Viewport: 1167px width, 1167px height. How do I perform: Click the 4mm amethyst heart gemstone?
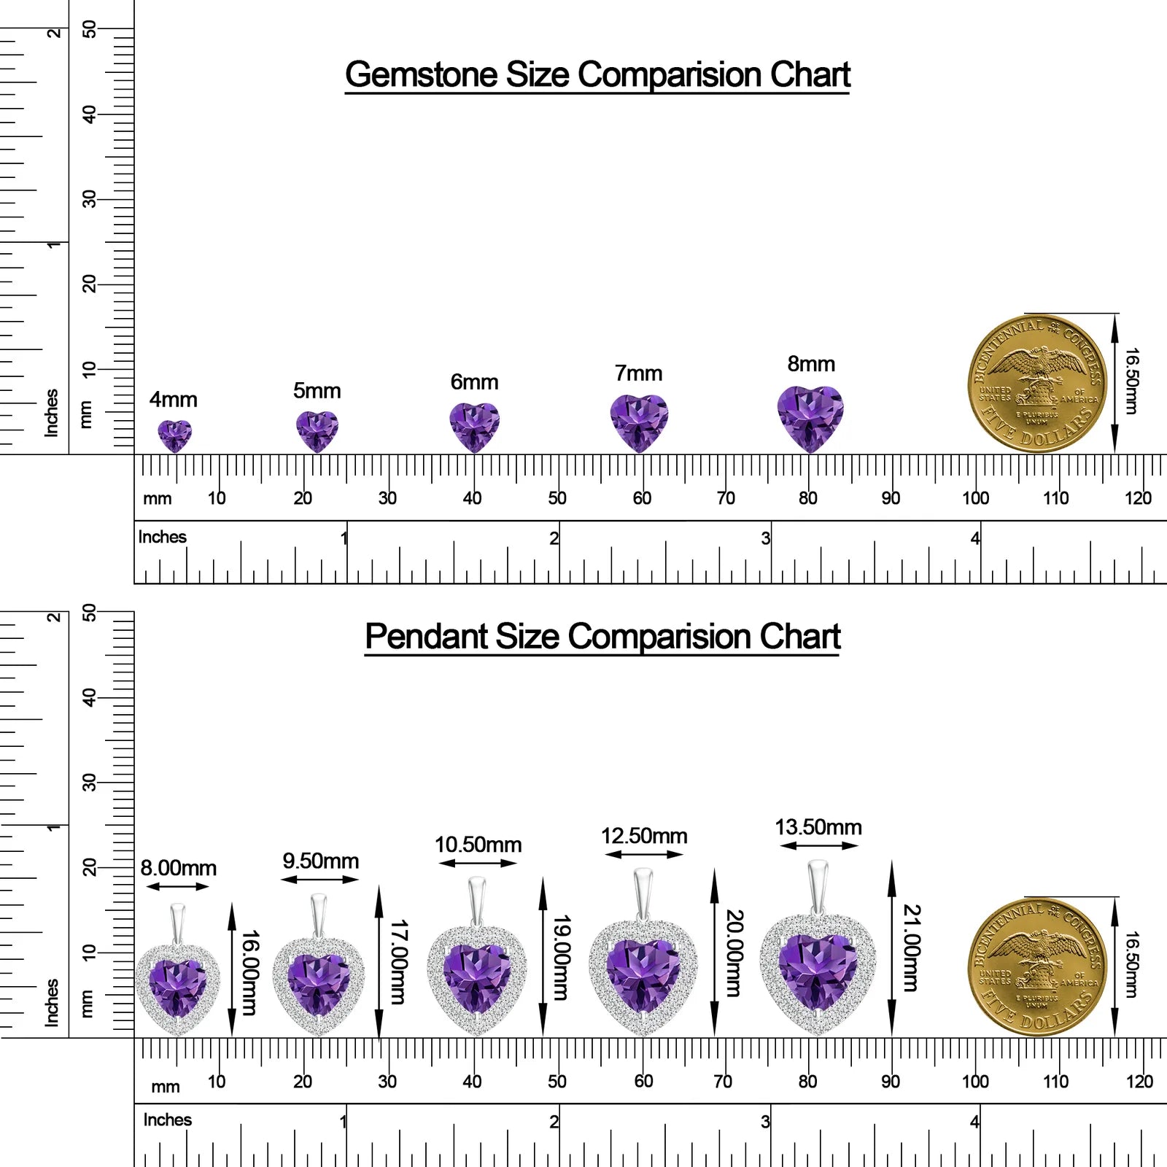coord(175,435)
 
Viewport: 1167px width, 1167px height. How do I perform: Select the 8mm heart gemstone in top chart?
coord(810,419)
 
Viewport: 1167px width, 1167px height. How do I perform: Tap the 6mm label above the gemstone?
coord(474,382)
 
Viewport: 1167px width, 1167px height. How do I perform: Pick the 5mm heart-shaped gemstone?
coord(317,431)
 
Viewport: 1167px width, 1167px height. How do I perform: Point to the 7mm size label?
coord(638,373)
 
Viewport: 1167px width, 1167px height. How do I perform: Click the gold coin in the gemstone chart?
coord(1037,384)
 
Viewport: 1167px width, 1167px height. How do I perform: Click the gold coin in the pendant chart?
coord(1037,967)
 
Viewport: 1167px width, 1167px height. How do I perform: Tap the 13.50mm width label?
coord(818,827)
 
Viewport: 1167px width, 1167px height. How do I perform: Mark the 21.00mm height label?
coord(912,948)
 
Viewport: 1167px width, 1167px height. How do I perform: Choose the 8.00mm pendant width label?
coord(179,868)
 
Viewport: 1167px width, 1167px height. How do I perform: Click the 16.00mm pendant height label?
coord(249,972)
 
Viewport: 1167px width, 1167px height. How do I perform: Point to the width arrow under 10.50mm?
coord(478,863)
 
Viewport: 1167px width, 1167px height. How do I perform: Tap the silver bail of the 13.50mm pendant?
coord(818,886)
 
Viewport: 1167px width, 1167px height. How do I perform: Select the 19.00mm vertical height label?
coord(560,958)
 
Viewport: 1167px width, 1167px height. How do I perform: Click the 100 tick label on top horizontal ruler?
coord(976,498)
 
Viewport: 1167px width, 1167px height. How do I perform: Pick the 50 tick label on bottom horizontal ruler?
coord(557,1081)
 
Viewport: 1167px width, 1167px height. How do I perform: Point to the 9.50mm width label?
coord(321,861)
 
